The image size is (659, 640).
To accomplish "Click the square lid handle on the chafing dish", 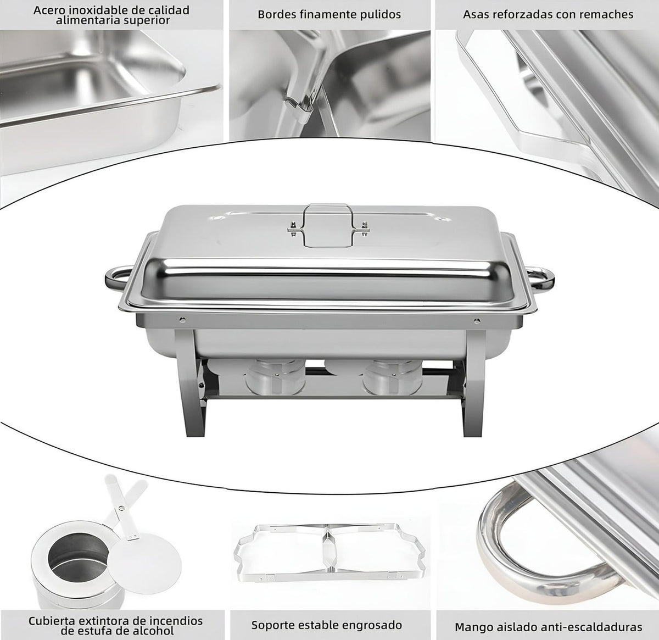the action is point(328,225).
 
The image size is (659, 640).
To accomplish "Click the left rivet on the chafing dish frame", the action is point(182,320).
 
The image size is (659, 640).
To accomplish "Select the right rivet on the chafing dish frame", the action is point(477,320).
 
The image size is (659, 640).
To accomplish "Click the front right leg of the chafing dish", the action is point(473,383).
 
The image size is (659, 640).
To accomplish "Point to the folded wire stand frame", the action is point(329,552).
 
